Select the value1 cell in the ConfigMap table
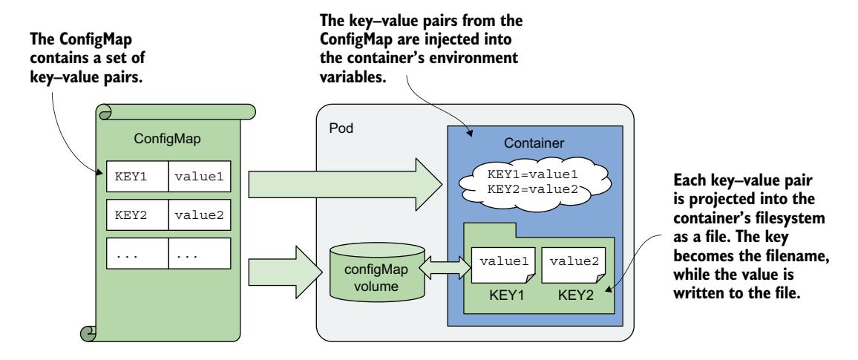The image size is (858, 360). [x=198, y=177]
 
